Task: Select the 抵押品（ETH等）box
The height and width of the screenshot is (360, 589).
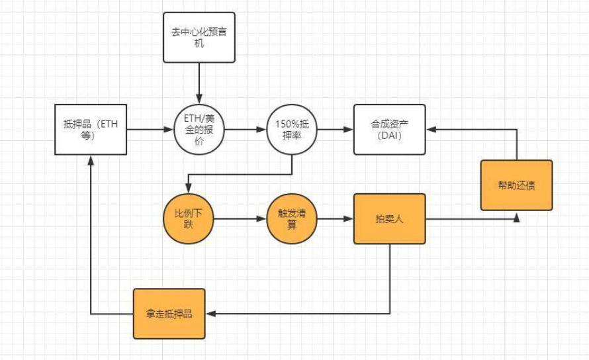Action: [x=89, y=130]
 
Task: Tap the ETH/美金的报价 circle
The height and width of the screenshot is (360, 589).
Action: [x=199, y=130]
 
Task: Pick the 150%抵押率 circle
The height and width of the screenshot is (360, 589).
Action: [x=292, y=130]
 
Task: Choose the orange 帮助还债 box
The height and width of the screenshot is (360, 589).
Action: [x=516, y=185]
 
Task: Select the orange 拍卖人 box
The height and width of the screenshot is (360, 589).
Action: [x=388, y=218]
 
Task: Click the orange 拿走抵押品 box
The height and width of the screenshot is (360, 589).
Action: [x=169, y=313]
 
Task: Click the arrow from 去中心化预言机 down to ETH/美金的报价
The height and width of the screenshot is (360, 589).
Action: [x=199, y=83]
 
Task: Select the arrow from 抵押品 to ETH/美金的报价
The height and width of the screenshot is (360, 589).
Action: [x=149, y=130]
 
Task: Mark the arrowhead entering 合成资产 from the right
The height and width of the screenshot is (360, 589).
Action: [x=430, y=130]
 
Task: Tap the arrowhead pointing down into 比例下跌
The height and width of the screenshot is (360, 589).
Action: [x=189, y=189]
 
